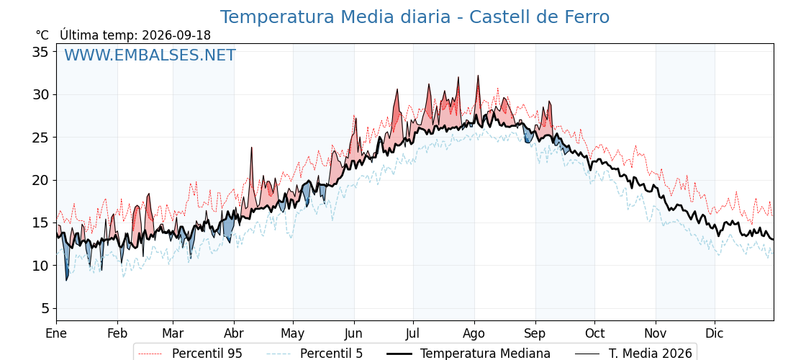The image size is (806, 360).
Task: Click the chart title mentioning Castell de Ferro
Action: [x=415, y=17]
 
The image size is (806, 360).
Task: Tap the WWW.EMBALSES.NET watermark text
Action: [x=150, y=55]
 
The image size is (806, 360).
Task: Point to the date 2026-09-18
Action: [x=176, y=35]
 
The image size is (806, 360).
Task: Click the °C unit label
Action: [x=42, y=35]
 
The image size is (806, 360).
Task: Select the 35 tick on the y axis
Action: [x=41, y=52]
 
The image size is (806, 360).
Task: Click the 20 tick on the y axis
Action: [x=41, y=181]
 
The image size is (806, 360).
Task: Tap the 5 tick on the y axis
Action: [x=45, y=309]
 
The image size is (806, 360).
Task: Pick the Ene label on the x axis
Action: [x=56, y=333]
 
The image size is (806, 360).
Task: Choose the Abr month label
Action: [x=234, y=333]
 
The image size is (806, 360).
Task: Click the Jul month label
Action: [x=413, y=333]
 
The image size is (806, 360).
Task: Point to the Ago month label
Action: [x=474, y=333]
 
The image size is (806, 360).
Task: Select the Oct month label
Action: [x=594, y=333]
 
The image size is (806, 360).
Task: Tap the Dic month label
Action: [x=715, y=333]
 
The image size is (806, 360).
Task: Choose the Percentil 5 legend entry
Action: [x=314, y=354]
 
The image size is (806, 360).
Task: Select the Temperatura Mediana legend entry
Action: [x=468, y=354]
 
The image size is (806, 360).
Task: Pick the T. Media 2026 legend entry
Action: [x=634, y=354]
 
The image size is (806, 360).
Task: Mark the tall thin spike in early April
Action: [x=252, y=148]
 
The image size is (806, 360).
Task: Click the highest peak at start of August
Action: [x=478, y=76]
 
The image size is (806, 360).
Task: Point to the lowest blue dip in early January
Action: [x=66, y=280]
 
